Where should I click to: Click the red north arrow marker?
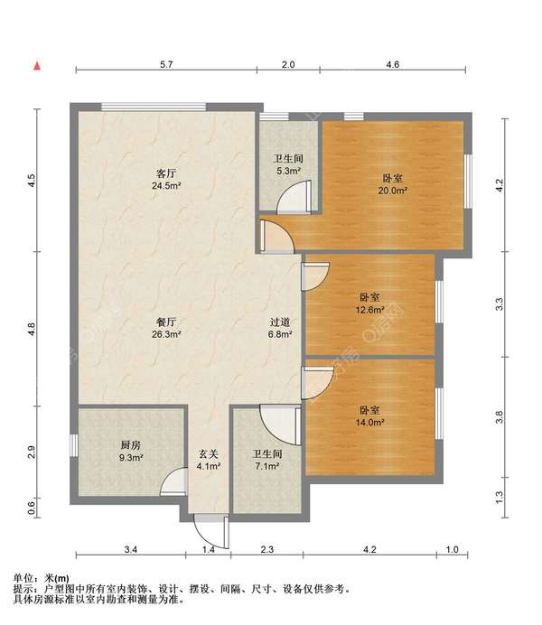(x=37, y=66)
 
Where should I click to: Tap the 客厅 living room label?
(x=166, y=173)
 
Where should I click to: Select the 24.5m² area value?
(x=166, y=186)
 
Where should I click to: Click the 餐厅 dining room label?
(x=166, y=322)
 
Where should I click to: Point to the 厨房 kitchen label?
(x=131, y=445)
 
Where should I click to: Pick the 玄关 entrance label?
(x=209, y=454)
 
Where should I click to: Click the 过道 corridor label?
(x=280, y=322)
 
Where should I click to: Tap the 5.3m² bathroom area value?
(x=288, y=171)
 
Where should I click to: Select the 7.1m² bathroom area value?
(x=267, y=466)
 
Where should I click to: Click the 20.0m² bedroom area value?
(x=393, y=191)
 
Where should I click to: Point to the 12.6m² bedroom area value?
(x=369, y=309)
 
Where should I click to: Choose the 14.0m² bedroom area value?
(x=369, y=423)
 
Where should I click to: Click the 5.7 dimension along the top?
(x=166, y=64)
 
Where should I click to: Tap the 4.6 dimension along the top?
(x=393, y=64)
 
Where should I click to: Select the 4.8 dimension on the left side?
(x=32, y=329)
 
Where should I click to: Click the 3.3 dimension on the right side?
(x=499, y=304)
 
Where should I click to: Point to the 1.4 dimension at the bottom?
(x=209, y=550)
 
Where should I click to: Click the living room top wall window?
(x=154, y=107)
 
